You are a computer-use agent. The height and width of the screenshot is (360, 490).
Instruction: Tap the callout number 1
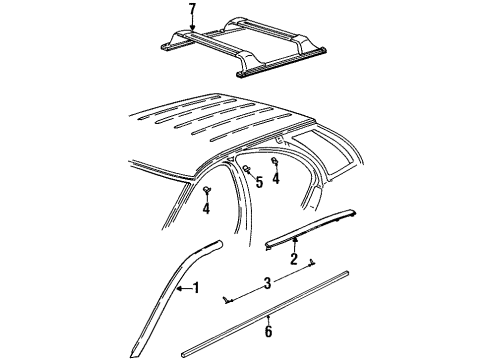pyautogui.click(x=196, y=288)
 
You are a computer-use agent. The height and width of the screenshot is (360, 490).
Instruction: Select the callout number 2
pyautogui.click(x=293, y=260)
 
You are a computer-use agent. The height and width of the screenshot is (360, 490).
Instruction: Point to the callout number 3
pyautogui.click(x=266, y=283)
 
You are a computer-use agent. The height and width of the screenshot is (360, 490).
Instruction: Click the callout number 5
pyautogui.click(x=258, y=181)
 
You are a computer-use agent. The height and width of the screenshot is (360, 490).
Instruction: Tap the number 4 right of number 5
pyautogui.click(x=277, y=181)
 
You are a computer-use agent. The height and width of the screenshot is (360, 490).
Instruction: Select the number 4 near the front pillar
pyautogui.click(x=205, y=209)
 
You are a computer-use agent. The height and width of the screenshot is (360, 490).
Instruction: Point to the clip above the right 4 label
pyautogui.click(x=276, y=163)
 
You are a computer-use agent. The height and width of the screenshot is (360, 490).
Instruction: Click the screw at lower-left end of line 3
pyautogui.click(x=229, y=299)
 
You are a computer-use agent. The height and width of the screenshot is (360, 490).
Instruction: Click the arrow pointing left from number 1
pyautogui.click(x=183, y=288)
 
